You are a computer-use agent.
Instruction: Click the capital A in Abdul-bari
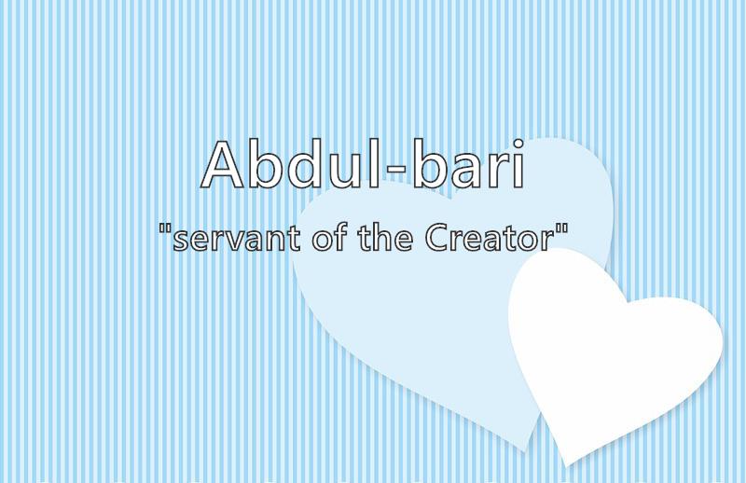click(223, 165)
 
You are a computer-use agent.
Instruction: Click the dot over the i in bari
click(518, 143)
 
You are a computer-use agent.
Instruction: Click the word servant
click(237, 238)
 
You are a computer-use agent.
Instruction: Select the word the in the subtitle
click(385, 237)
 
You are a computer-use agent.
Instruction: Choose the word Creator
click(490, 238)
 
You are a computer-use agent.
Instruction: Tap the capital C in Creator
click(436, 238)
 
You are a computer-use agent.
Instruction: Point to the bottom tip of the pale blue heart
click(524, 450)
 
